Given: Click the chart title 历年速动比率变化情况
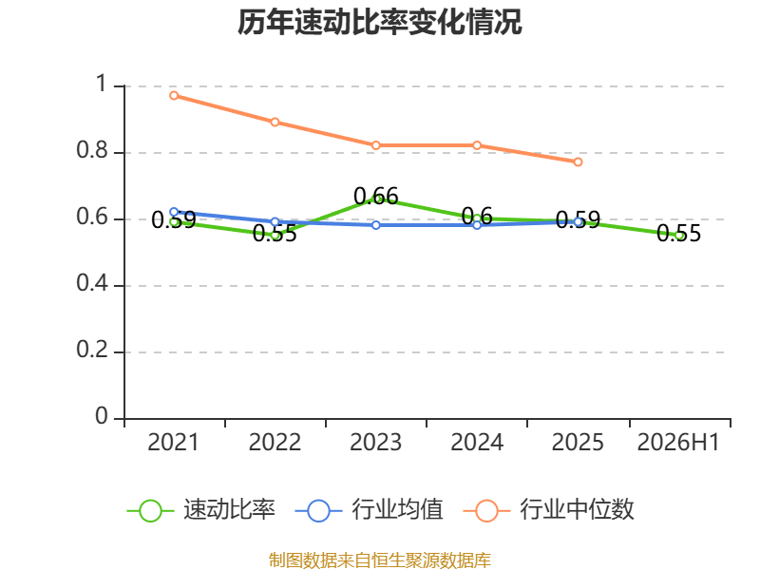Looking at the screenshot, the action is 379,22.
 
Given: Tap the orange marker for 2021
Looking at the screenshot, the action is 174,96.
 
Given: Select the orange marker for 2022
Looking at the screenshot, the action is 275,122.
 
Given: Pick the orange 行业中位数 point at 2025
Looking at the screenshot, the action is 578,161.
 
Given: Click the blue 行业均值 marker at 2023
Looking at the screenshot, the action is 376,225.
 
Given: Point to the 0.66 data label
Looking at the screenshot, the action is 376,197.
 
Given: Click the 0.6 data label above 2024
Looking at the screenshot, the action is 477,217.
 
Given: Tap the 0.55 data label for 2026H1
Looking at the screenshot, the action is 678,233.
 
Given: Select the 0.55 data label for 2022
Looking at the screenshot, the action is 275,233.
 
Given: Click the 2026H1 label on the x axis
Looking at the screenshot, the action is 678,443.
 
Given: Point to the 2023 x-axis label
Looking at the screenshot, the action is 375,443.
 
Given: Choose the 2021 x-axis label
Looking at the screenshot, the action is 174,443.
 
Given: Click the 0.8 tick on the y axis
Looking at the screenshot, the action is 92,150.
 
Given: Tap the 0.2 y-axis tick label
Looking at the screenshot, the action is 92,350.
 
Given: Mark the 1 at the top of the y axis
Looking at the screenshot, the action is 101,84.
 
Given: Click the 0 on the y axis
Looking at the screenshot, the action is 102,416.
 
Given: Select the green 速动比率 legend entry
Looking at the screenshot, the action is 201,510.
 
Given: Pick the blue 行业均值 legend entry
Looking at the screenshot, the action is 369,510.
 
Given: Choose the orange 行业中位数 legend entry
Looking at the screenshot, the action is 549,510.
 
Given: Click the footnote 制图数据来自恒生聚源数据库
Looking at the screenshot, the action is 379,560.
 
